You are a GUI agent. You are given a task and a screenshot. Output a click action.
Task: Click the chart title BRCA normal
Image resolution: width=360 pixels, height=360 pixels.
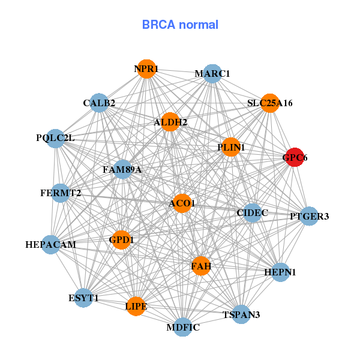point(180,25)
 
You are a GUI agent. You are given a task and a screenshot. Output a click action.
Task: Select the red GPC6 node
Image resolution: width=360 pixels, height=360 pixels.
point(294,157)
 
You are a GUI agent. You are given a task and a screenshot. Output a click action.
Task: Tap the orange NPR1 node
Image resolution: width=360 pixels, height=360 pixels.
point(146,68)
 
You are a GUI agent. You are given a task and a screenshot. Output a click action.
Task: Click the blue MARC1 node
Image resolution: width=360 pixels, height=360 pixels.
point(212,74)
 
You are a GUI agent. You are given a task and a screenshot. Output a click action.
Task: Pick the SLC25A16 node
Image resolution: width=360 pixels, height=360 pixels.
point(270,103)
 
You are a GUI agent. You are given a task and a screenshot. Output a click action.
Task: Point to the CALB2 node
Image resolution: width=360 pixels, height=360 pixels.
point(99,103)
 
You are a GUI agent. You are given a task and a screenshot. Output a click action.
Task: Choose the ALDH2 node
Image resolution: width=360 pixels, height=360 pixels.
point(170,122)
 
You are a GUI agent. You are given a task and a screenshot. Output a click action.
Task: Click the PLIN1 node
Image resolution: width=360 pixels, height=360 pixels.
point(231,147)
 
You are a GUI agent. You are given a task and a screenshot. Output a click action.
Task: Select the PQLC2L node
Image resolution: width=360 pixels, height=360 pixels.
point(55,138)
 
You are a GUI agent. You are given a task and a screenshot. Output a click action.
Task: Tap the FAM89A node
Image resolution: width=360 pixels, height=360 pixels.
point(122,169)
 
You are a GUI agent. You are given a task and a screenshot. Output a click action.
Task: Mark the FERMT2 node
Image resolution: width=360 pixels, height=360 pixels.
point(61,193)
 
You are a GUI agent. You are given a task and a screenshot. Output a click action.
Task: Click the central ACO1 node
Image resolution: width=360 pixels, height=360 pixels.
point(182,203)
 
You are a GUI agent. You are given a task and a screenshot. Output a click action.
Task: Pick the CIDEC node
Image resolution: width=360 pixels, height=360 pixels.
point(252,212)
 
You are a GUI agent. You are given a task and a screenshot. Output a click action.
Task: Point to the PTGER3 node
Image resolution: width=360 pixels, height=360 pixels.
point(309,216)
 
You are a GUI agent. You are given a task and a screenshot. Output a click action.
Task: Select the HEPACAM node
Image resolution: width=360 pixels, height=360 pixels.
point(51,244)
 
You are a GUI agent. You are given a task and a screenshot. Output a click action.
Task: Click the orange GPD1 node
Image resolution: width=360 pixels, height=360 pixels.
point(122,239)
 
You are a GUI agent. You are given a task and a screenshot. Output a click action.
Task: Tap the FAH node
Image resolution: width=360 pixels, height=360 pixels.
point(201,265)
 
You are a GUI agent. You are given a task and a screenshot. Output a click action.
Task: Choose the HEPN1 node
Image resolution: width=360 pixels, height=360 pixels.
point(280,272)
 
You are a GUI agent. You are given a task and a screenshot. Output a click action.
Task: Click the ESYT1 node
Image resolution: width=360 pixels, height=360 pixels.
point(84,298)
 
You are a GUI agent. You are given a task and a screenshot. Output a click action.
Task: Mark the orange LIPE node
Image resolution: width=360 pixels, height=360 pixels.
point(136,306)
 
